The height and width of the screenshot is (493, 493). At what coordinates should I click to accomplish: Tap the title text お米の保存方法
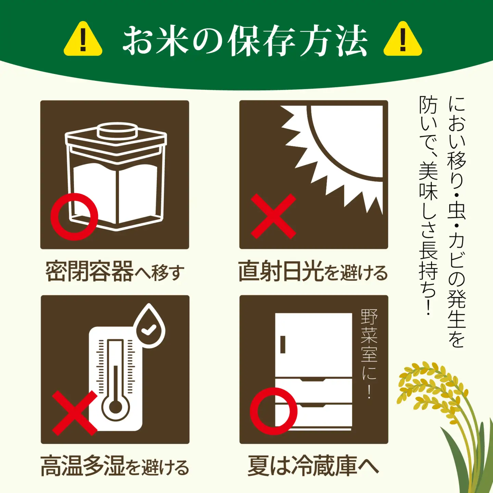click(244, 40)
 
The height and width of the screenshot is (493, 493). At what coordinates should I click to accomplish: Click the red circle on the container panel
click(74, 217)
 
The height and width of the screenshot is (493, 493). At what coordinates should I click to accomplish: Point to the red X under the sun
click(273, 216)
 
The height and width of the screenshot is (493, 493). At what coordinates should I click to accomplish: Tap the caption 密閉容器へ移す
click(115, 272)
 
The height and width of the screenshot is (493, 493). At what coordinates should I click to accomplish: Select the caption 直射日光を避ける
click(313, 272)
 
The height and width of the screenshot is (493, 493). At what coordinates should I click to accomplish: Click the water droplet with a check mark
click(149, 327)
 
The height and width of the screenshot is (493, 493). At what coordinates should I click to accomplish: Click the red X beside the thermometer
click(75, 413)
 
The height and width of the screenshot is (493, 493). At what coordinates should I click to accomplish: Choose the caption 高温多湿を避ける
click(115, 466)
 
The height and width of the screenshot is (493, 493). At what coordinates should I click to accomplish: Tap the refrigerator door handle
click(283, 344)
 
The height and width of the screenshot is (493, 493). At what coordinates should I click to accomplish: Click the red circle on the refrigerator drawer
click(274, 411)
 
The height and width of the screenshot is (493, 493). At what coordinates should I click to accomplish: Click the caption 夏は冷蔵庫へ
click(313, 466)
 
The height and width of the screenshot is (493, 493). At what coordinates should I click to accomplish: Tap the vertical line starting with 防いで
click(428, 205)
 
